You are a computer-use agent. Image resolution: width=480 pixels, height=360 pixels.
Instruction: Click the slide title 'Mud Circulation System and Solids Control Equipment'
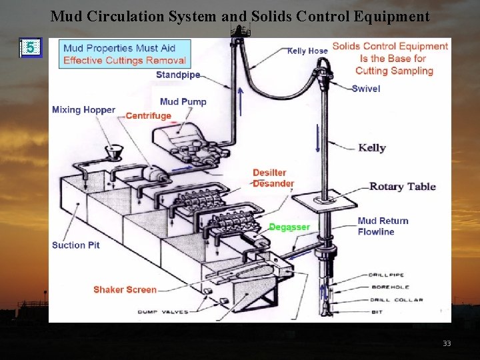[x=240, y=16]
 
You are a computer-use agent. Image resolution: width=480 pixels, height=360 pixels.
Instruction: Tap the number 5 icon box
[x=31, y=47]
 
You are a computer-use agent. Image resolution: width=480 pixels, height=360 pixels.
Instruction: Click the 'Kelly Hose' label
[x=307, y=51]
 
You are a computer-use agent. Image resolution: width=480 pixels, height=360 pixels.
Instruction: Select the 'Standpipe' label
[x=178, y=75]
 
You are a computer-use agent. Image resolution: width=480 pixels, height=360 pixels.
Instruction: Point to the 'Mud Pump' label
[x=183, y=102]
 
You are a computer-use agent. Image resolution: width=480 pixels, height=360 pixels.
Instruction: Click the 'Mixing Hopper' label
[x=83, y=110]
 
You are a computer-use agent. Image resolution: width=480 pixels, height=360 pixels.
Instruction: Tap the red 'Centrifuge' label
[x=148, y=116]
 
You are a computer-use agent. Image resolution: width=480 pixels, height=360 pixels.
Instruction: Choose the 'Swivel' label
[x=366, y=89]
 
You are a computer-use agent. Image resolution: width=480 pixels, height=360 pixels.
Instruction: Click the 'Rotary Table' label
[x=402, y=187]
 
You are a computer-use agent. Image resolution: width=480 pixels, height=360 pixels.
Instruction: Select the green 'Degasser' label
[x=289, y=227]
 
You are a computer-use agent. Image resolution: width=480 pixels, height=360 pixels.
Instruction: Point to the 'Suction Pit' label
[x=76, y=245]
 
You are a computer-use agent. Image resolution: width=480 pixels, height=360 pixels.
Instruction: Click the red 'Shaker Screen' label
[x=125, y=289]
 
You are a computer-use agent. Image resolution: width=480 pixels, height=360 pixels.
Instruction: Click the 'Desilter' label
[x=269, y=173]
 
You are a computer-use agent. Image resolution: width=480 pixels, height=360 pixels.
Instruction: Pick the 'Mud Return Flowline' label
[x=383, y=227]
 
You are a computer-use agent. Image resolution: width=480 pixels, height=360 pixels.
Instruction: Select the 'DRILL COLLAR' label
[x=399, y=300]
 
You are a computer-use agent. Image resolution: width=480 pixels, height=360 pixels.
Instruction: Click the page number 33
[x=447, y=343]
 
